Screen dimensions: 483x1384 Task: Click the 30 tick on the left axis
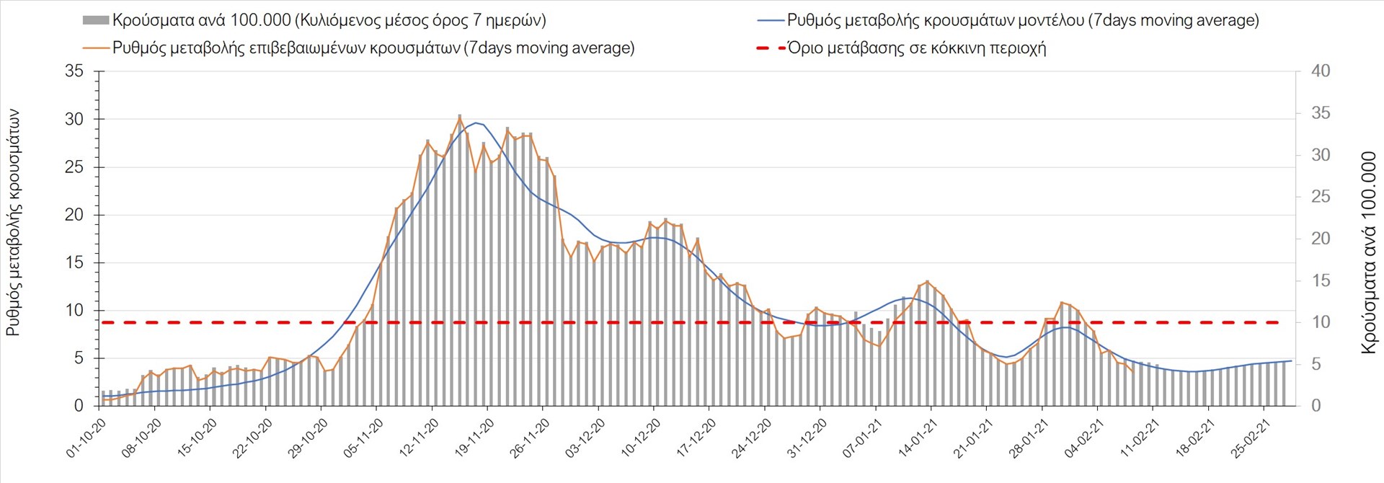tap(74, 120)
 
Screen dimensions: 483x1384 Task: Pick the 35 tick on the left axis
tap(74, 71)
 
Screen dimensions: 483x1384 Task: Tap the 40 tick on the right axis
tap(1321, 71)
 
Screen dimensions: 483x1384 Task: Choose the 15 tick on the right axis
tap(1321, 280)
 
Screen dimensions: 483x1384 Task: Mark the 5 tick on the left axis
tap(79, 358)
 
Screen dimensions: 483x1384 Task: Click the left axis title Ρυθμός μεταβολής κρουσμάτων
tap(14, 223)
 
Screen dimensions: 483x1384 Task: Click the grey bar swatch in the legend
tap(96, 21)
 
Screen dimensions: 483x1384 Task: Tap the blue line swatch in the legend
tap(770, 21)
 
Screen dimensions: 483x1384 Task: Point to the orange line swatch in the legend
tap(97, 48)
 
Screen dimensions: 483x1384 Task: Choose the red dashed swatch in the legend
tap(770, 48)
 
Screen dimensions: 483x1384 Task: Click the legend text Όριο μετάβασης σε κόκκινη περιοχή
tap(916, 48)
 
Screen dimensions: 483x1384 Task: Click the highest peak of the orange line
tap(460, 117)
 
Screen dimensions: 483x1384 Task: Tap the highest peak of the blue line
tap(476, 123)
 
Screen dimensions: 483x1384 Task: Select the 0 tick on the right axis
tap(1316, 406)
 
